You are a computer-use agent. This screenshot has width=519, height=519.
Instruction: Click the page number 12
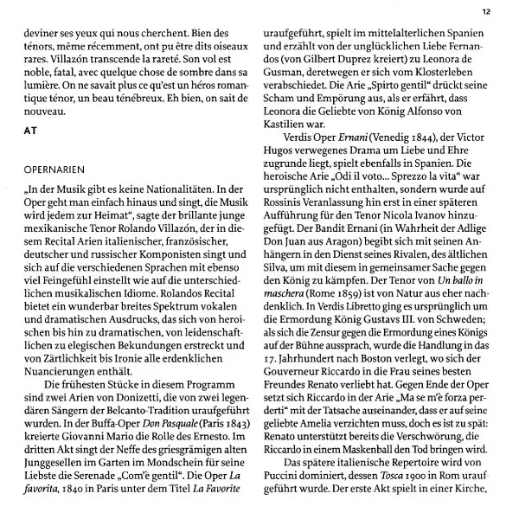click(486, 11)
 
